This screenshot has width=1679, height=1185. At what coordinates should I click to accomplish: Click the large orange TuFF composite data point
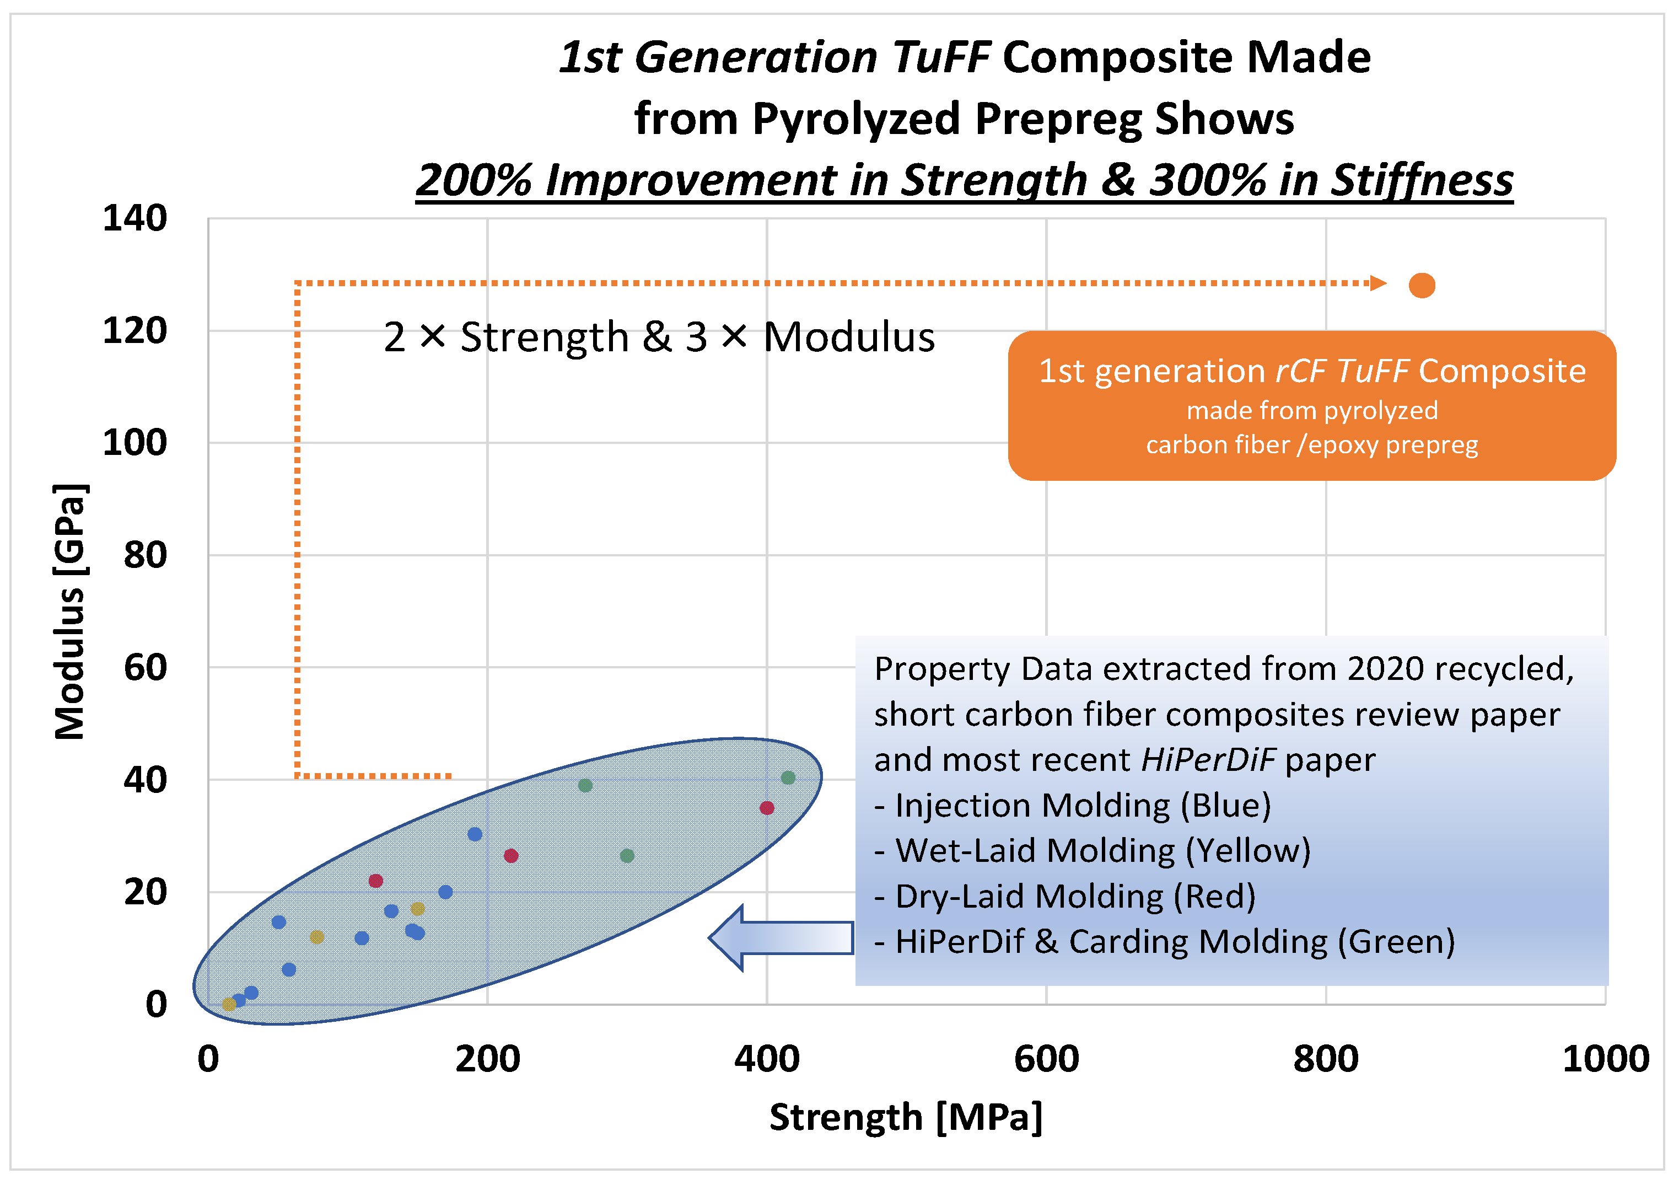click(1422, 285)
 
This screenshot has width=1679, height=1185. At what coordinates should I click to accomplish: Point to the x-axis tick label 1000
click(1605, 1059)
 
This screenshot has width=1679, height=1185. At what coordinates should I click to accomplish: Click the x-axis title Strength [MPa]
click(905, 1118)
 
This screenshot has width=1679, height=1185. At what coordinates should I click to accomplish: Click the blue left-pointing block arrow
click(781, 938)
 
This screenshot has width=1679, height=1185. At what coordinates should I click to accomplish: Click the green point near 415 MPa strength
click(788, 778)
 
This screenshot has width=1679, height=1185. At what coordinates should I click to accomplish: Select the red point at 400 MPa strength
click(766, 808)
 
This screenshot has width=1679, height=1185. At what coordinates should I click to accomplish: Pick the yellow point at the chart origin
click(229, 1004)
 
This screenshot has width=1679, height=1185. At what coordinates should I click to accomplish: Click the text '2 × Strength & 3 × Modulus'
click(659, 337)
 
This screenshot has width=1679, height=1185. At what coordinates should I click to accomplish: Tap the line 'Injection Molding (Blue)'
click(1072, 806)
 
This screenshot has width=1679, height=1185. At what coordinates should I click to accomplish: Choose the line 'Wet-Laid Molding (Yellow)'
click(1092, 851)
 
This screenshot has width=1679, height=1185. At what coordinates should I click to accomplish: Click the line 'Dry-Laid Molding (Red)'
click(1065, 896)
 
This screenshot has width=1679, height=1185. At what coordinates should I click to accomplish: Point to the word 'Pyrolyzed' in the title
click(855, 119)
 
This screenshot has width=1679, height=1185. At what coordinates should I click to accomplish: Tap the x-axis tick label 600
click(1046, 1059)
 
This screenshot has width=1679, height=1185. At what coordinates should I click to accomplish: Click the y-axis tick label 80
click(145, 555)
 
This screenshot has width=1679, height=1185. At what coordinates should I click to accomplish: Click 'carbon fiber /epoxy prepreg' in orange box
click(1311, 445)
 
